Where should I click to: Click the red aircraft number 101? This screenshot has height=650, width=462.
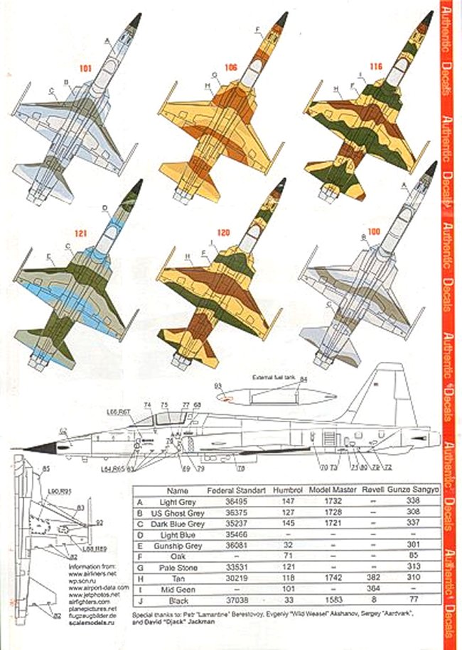(86, 70)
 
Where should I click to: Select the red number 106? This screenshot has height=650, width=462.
(230, 69)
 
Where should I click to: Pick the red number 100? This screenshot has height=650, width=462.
(375, 231)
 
